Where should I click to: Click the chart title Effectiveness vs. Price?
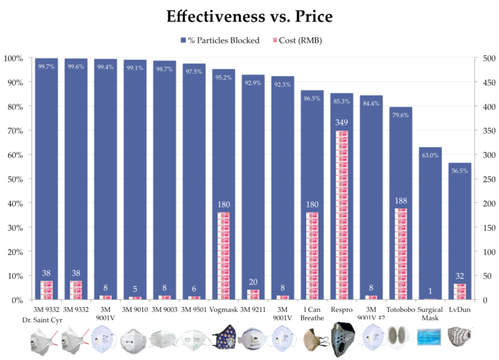tap(249, 16)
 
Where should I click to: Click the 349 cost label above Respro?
tap(342, 122)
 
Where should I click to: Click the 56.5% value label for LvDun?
tap(460, 170)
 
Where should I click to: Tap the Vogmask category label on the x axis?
tap(224, 310)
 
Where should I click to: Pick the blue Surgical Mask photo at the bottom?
tap(430, 339)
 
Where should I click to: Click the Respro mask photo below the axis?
tap(342, 339)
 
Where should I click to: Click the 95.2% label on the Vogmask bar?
tap(224, 77)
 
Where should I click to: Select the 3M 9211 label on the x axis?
tap(253, 310)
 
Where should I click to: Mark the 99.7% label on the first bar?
tap(47, 66)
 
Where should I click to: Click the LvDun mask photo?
tap(460, 339)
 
